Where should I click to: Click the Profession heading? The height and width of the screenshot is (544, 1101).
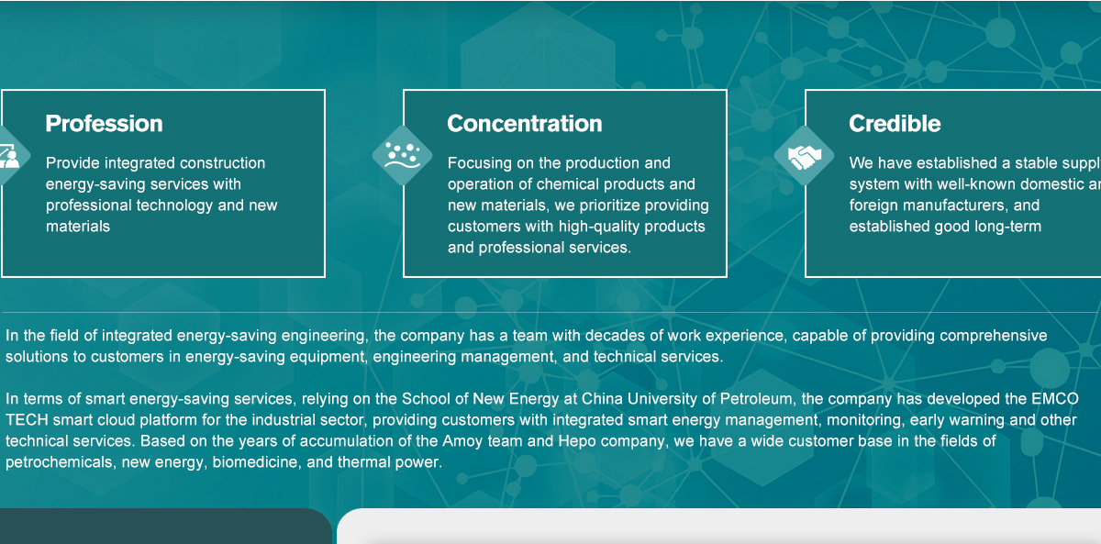coord(104,123)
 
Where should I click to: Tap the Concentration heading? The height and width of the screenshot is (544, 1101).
coord(525,123)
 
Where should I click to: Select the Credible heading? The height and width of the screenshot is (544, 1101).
coord(895,123)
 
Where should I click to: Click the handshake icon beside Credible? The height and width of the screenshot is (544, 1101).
coord(804,156)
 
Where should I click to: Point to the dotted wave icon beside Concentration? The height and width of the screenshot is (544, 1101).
coord(403,155)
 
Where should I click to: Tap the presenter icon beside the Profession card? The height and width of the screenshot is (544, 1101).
coord(9,156)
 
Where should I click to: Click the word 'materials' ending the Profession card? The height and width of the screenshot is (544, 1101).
coord(78,227)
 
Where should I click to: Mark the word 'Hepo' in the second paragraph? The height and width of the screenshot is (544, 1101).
coord(577,441)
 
